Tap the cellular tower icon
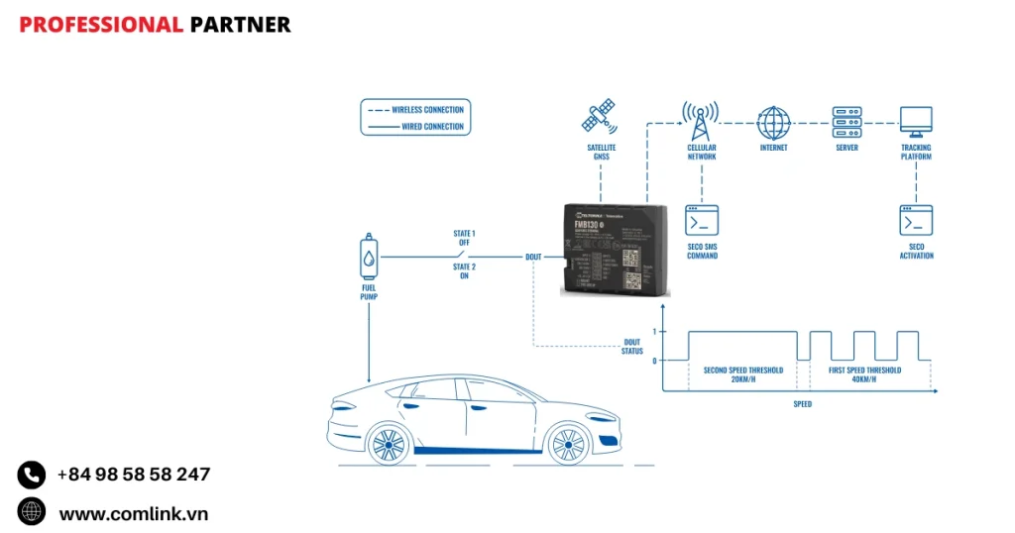tap(701, 121)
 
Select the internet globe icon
tap(773, 122)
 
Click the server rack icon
tap(846, 122)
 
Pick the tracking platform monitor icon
tap(915, 122)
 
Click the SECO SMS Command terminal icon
tap(702, 220)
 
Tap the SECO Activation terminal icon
tap(915, 220)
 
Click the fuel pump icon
tap(369, 258)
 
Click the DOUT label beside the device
tap(533, 257)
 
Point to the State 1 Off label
tap(464, 239)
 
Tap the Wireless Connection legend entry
tap(427, 110)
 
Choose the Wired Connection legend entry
tap(427, 127)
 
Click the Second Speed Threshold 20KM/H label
tap(743, 374)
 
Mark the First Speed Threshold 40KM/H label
tap(864, 374)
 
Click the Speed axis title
tap(802, 404)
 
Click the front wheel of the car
tap(389, 442)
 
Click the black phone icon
tap(32, 475)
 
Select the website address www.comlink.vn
tap(134, 513)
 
